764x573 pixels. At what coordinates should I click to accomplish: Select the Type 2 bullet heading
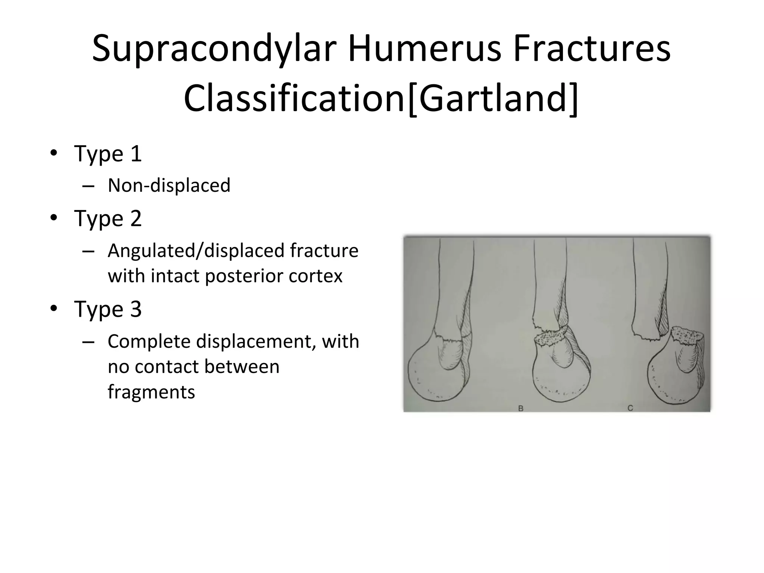click(108, 218)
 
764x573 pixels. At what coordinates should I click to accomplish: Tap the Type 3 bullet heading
click(108, 309)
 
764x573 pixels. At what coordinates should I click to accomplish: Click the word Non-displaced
click(169, 185)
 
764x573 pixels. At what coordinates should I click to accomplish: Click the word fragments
click(151, 392)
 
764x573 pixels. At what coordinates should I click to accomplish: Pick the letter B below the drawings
click(521, 408)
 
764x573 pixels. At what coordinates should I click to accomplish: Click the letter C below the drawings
click(630, 408)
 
